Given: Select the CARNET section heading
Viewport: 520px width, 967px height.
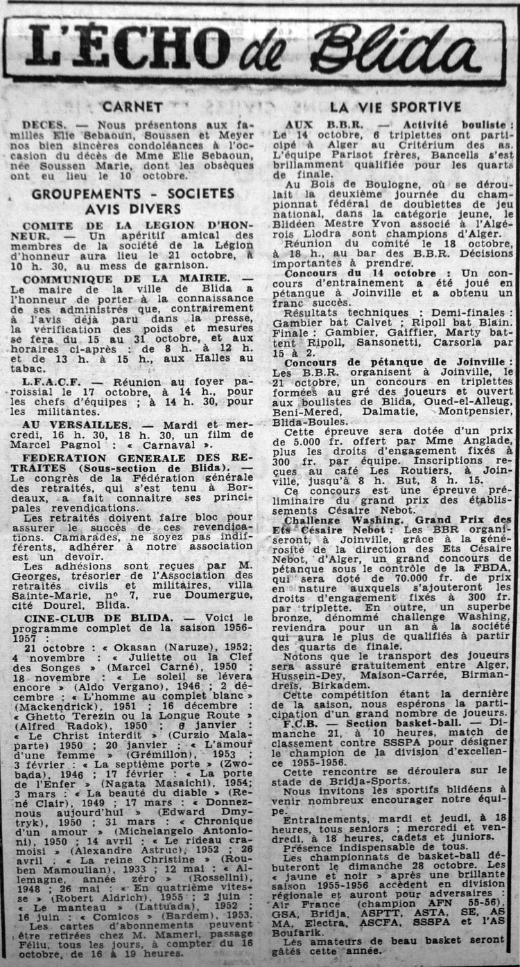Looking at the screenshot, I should (132, 107).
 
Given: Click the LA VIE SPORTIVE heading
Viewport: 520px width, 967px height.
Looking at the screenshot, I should (395, 107).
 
